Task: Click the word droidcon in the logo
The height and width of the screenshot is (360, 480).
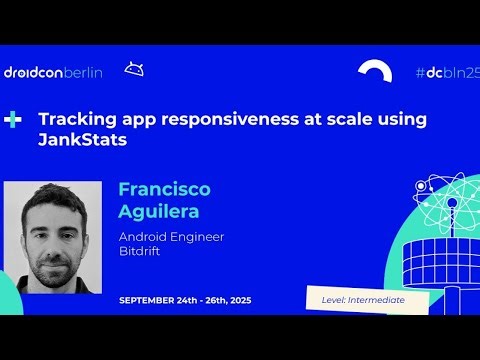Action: click(33, 73)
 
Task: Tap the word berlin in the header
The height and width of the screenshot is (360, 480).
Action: click(86, 73)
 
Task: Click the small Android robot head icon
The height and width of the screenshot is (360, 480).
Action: click(134, 69)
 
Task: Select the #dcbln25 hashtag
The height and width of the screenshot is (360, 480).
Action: click(447, 73)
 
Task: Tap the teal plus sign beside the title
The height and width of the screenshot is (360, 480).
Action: click(13, 119)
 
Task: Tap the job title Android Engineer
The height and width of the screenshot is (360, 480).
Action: click(171, 237)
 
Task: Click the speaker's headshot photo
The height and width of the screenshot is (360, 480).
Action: click(53, 237)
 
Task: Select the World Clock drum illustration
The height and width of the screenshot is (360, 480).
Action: click(441, 262)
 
